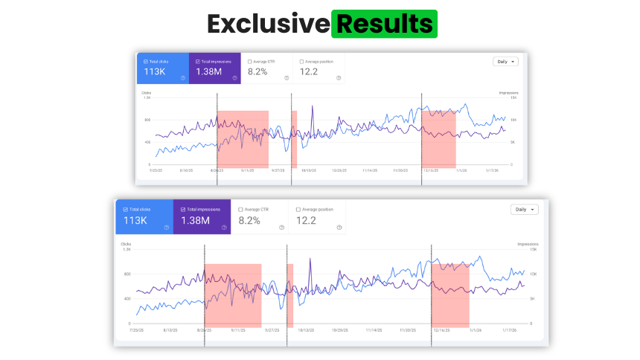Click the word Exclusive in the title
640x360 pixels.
pos(268,24)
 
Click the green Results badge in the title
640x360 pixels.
pos(384,24)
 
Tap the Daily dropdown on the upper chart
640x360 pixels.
pos(505,62)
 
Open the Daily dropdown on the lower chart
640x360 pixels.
pos(524,210)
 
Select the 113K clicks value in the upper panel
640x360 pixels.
pos(154,72)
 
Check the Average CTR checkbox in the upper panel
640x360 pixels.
pos(249,62)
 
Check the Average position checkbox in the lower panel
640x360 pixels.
pos(298,210)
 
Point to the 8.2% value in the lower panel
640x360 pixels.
pos(249,220)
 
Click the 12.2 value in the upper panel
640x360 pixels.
pos(309,72)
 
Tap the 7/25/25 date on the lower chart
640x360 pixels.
pos(135,330)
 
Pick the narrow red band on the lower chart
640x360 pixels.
pos(289,295)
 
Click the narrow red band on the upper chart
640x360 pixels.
pos(294,139)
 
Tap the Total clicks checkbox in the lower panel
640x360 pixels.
pos(124,210)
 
